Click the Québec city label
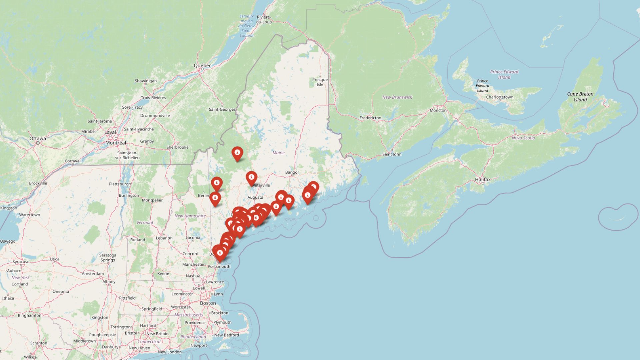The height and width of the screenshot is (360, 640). click(202, 66)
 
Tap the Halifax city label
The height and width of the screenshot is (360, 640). click(483, 180)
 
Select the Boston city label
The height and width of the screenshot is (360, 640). click(208, 303)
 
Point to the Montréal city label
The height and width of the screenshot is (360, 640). click(116, 143)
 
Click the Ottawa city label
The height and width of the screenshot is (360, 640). click(38, 139)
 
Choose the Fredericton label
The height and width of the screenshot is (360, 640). click(370, 118)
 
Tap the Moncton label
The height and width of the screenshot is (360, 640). click(438, 110)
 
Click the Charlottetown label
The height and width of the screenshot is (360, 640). click(499, 97)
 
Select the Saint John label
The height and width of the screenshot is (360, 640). click(392, 154)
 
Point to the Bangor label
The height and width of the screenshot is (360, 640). click(292, 172)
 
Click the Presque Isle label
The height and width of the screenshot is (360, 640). click(320, 82)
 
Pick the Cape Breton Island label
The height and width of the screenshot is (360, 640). click(580, 97)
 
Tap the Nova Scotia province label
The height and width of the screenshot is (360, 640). click(523, 138)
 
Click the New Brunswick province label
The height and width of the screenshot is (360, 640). click(397, 97)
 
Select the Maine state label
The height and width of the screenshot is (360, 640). click(278, 153)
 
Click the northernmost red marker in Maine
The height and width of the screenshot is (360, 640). click(237, 153)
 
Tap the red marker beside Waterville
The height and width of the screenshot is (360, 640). click(251, 178)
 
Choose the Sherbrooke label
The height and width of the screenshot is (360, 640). click(177, 147)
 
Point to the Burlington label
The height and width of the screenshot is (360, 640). click(129, 195)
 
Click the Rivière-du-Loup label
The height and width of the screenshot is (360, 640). click(264, 19)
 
